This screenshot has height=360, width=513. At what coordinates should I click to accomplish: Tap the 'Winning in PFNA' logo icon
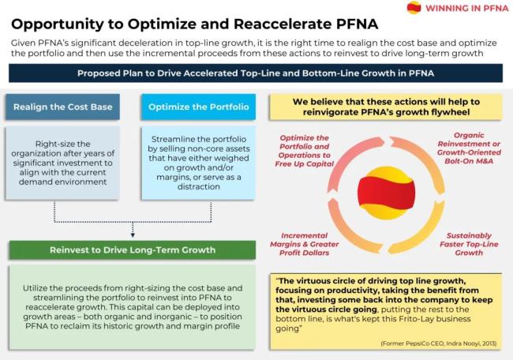click(x=414, y=9)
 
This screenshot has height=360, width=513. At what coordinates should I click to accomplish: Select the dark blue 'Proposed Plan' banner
click(x=256, y=73)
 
